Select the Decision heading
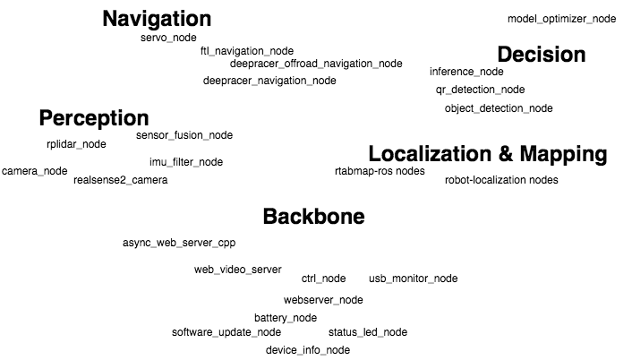(x=541, y=55)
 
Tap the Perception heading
(x=94, y=118)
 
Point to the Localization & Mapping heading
(x=488, y=154)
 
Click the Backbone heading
(x=313, y=217)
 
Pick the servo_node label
(x=168, y=39)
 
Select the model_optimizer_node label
(x=561, y=19)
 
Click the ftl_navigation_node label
(x=247, y=51)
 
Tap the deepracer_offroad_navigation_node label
(x=316, y=64)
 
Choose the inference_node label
(x=466, y=72)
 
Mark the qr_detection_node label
(x=480, y=90)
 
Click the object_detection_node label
(x=499, y=108)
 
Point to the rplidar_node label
(x=76, y=144)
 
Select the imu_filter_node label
(x=186, y=162)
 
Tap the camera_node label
(x=35, y=171)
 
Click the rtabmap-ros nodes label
(x=380, y=171)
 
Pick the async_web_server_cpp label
(x=179, y=243)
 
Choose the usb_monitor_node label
(x=413, y=279)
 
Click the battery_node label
(x=286, y=318)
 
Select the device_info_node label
(x=308, y=350)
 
